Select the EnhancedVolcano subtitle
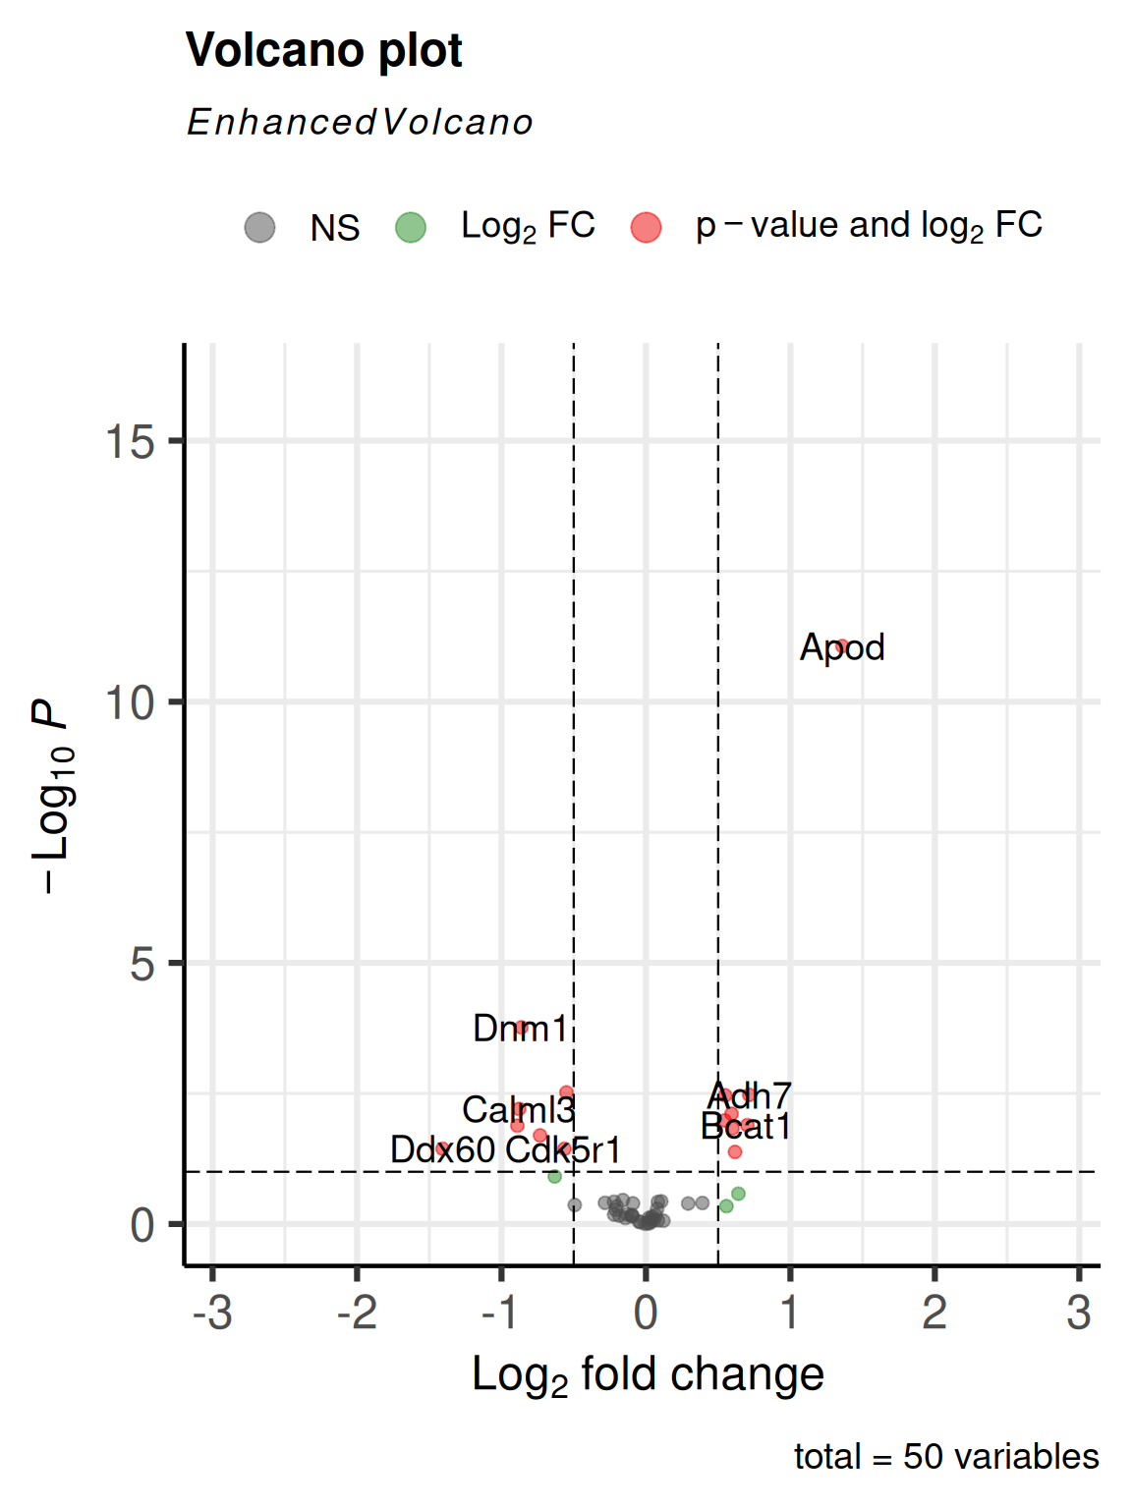point(361,123)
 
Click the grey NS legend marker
point(259,227)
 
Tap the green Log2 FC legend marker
point(411,227)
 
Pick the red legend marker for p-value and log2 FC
point(646,227)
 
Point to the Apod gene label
point(842,648)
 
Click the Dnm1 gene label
point(520,1029)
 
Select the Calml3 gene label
point(518,1109)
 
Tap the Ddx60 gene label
point(442,1149)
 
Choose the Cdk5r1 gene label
point(563,1149)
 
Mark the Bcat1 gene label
point(746,1127)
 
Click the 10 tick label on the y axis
point(130,702)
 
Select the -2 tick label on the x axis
point(357,1313)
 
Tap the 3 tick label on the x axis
point(1079,1313)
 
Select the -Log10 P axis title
point(51,798)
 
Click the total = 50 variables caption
point(946,1457)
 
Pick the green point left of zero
point(554,1176)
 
